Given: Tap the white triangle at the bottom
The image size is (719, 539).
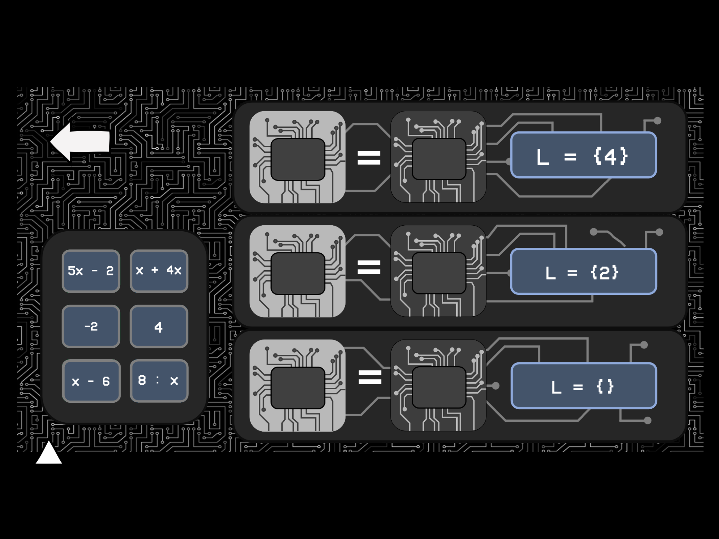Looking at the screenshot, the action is tap(49, 453).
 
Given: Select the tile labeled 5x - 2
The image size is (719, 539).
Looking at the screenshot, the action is tap(91, 271).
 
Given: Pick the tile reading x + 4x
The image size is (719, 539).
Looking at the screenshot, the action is tap(159, 271).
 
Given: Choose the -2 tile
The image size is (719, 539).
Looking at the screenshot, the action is tap(91, 326).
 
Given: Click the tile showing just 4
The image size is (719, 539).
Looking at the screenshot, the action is tap(159, 326).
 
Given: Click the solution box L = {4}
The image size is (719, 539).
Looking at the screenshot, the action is tap(583, 155).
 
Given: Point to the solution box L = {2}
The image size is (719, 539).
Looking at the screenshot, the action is tap(583, 271).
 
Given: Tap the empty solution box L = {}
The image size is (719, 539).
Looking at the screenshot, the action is tap(584, 386).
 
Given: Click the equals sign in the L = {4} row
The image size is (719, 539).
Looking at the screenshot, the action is tap(369, 158).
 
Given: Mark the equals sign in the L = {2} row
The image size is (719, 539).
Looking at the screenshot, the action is tap(369, 267).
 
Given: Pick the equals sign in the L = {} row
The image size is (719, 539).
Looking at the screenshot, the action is tap(370, 377).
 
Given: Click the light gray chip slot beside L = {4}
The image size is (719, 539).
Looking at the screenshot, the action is tap(297, 157).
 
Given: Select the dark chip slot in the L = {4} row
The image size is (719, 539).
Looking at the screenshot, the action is tap(438, 157).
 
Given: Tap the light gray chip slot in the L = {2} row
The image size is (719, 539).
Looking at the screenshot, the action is tap(297, 271).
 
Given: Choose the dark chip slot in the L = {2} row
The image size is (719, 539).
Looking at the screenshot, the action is tap(438, 271).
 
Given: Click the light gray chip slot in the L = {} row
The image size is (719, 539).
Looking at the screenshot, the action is tap(297, 386).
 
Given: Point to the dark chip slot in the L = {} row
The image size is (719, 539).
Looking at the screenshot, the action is tap(438, 386).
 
